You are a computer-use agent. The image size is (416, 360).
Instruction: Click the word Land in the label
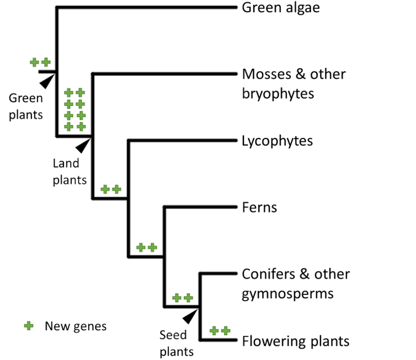pyautogui.click(x=66, y=163)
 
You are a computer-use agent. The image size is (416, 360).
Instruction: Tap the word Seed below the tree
pyautogui.click(x=173, y=335)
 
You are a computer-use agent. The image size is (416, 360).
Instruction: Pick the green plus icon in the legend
pyautogui.click(x=29, y=326)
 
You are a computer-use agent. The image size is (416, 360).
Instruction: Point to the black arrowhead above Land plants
pyautogui.click(x=84, y=145)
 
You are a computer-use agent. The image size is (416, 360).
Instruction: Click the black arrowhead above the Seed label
pyautogui.click(x=191, y=315)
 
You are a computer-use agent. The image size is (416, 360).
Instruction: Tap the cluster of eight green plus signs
pyautogui.click(x=74, y=109)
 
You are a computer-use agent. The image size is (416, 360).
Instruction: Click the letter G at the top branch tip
pyautogui.click(x=246, y=8)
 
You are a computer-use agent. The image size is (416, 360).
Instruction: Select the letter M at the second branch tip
pyautogui.click(x=246, y=74)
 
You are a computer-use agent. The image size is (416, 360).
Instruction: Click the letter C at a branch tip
pyautogui.click(x=246, y=273)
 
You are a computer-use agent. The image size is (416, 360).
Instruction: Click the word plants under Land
pyautogui.click(x=70, y=180)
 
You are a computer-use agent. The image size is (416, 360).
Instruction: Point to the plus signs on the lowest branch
pyautogui.click(x=220, y=331)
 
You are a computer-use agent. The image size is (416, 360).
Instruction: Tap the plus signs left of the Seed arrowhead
pyautogui.click(x=182, y=298)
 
